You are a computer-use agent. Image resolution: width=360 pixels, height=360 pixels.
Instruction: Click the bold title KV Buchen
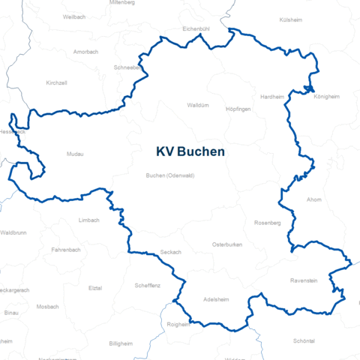[190, 151]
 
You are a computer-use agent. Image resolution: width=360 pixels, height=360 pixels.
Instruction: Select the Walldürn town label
[196, 106]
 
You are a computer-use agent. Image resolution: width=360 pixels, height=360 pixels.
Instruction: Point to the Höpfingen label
[238, 109]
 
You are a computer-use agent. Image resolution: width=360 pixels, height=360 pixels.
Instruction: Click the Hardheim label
[272, 97]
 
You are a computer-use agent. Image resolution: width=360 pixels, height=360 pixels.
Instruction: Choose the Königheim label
[327, 97]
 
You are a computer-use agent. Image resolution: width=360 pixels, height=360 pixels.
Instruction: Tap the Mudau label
[74, 154]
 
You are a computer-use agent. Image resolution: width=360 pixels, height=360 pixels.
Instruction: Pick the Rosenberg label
[267, 223]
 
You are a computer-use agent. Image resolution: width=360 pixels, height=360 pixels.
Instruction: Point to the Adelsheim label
[217, 299]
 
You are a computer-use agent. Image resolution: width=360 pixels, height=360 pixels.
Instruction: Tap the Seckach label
[170, 252]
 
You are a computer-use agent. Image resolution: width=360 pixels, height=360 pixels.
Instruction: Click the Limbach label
[88, 220]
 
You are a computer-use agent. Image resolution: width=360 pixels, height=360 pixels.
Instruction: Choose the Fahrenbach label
[66, 249]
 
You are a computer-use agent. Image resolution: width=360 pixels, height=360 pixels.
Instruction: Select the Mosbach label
[47, 306]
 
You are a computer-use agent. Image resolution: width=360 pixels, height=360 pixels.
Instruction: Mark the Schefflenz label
[148, 285]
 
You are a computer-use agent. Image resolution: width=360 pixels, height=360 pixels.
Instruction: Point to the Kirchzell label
[56, 82]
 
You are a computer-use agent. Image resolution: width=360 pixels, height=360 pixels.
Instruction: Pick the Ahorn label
[314, 199]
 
